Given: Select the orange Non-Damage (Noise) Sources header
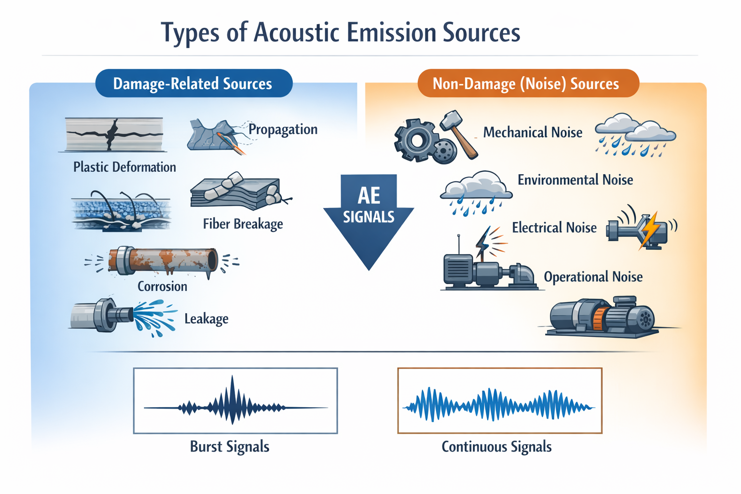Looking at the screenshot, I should point(528,83).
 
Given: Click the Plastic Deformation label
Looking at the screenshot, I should point(124,167).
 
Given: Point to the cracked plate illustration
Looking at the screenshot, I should point(114,134).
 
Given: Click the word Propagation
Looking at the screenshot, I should point(283,129).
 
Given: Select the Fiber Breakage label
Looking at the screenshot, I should point(243,224).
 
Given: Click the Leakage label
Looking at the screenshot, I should point(206,318).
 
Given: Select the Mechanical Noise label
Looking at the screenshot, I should point(533,132).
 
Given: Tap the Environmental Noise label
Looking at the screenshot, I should point(575,180).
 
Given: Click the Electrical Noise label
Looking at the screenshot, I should point(554,227).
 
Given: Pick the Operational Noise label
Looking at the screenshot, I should point(593,277).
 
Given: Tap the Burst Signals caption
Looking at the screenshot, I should point(230,447).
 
